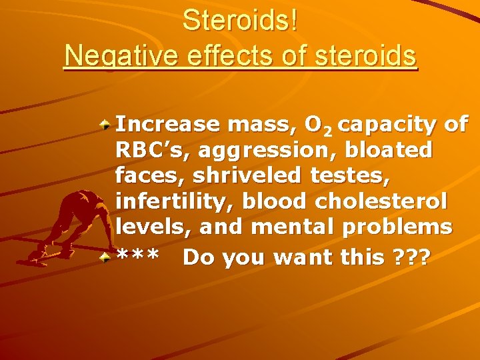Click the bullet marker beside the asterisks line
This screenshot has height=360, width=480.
(106, 257)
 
